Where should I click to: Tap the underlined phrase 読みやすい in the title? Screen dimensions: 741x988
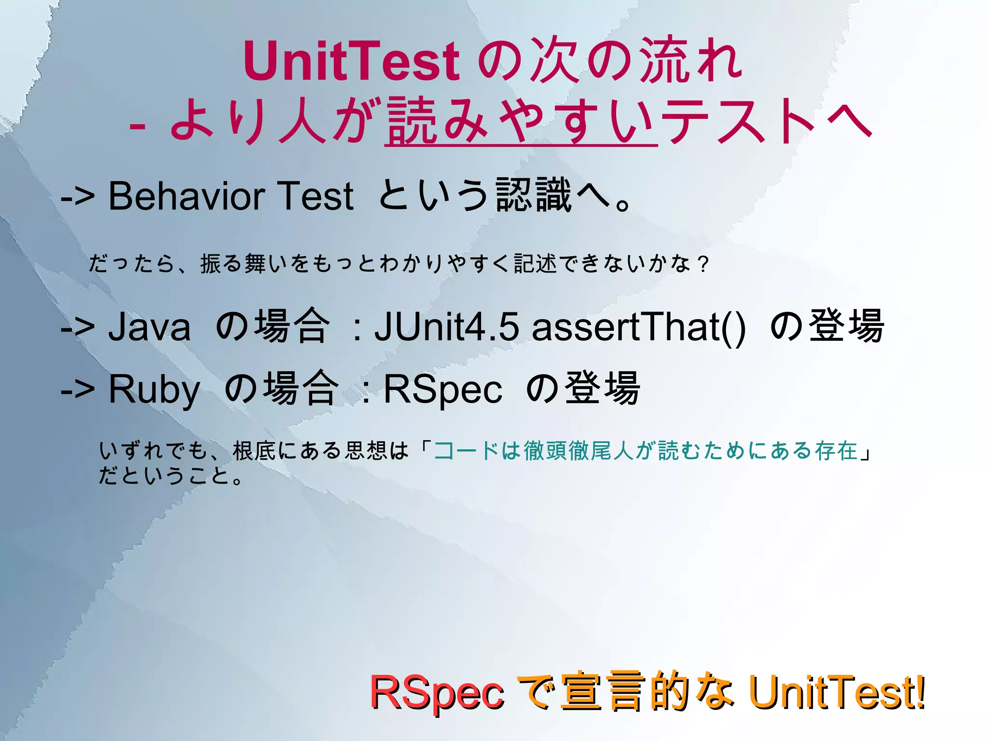(521, 121)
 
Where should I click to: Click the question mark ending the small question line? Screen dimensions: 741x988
(704, 265)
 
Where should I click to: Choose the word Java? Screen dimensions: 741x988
(149, 327)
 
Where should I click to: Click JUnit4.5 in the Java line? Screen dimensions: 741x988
(447, 327)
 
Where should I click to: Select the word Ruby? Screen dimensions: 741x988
(154, 390)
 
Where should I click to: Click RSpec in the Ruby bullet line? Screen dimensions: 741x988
(442, 390)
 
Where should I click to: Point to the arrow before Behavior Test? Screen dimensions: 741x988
(77, 197)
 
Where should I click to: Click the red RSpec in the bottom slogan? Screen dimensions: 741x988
(437, 693)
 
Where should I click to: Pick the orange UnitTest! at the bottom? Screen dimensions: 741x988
(837, 693)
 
